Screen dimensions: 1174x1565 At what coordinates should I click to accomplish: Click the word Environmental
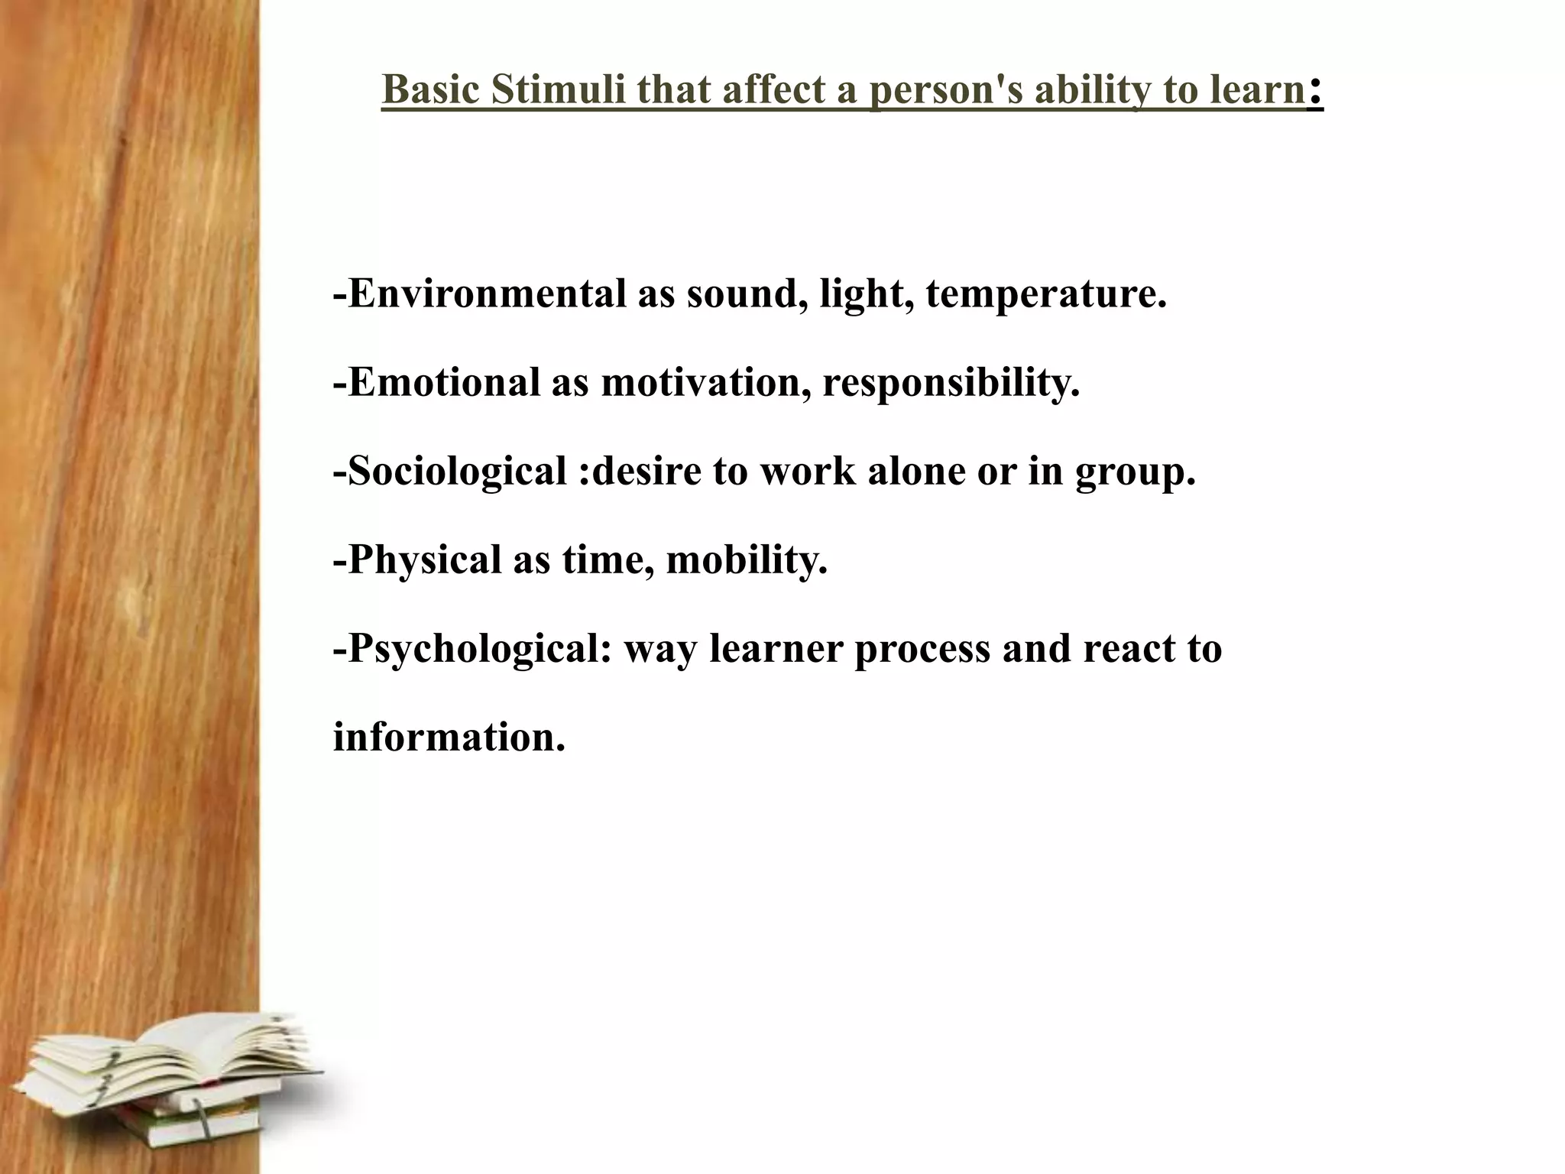pos(486,294)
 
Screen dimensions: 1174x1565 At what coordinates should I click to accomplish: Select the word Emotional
pos(443,382)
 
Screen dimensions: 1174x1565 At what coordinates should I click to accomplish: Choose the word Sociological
pos(456,472)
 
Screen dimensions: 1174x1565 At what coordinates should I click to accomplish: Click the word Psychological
pos(472,650)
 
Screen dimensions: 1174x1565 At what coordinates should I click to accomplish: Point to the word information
pos(449,738)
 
